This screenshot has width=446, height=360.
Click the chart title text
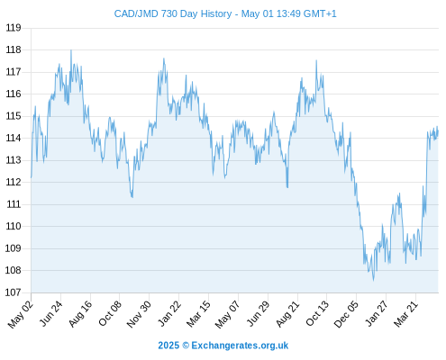coord(225,13)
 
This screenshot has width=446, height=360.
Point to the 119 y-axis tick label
coord(14,28)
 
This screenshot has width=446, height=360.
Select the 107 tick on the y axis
coord(14,292)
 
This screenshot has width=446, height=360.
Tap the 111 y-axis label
coord(14,204)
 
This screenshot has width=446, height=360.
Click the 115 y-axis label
coord(14,116)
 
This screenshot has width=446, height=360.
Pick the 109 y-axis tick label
coord(14,248)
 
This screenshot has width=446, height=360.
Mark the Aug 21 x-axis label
coord(287,313)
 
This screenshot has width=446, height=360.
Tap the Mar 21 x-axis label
coord(405,313)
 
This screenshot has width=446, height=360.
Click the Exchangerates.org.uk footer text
coord(240,346)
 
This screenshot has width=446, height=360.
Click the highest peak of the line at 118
coord(71,50)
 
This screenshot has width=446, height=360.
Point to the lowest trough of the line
coord(374,281)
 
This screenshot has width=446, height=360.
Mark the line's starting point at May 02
coord(32,177)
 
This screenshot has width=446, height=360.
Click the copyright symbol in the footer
coord(186,346)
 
